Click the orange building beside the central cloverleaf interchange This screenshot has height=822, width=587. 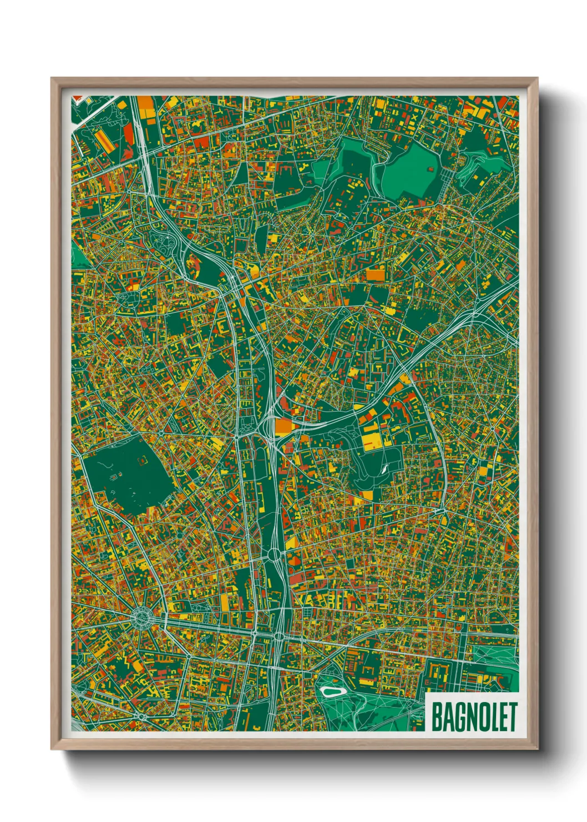(284, 425)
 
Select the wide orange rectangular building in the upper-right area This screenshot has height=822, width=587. (376, 275)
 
